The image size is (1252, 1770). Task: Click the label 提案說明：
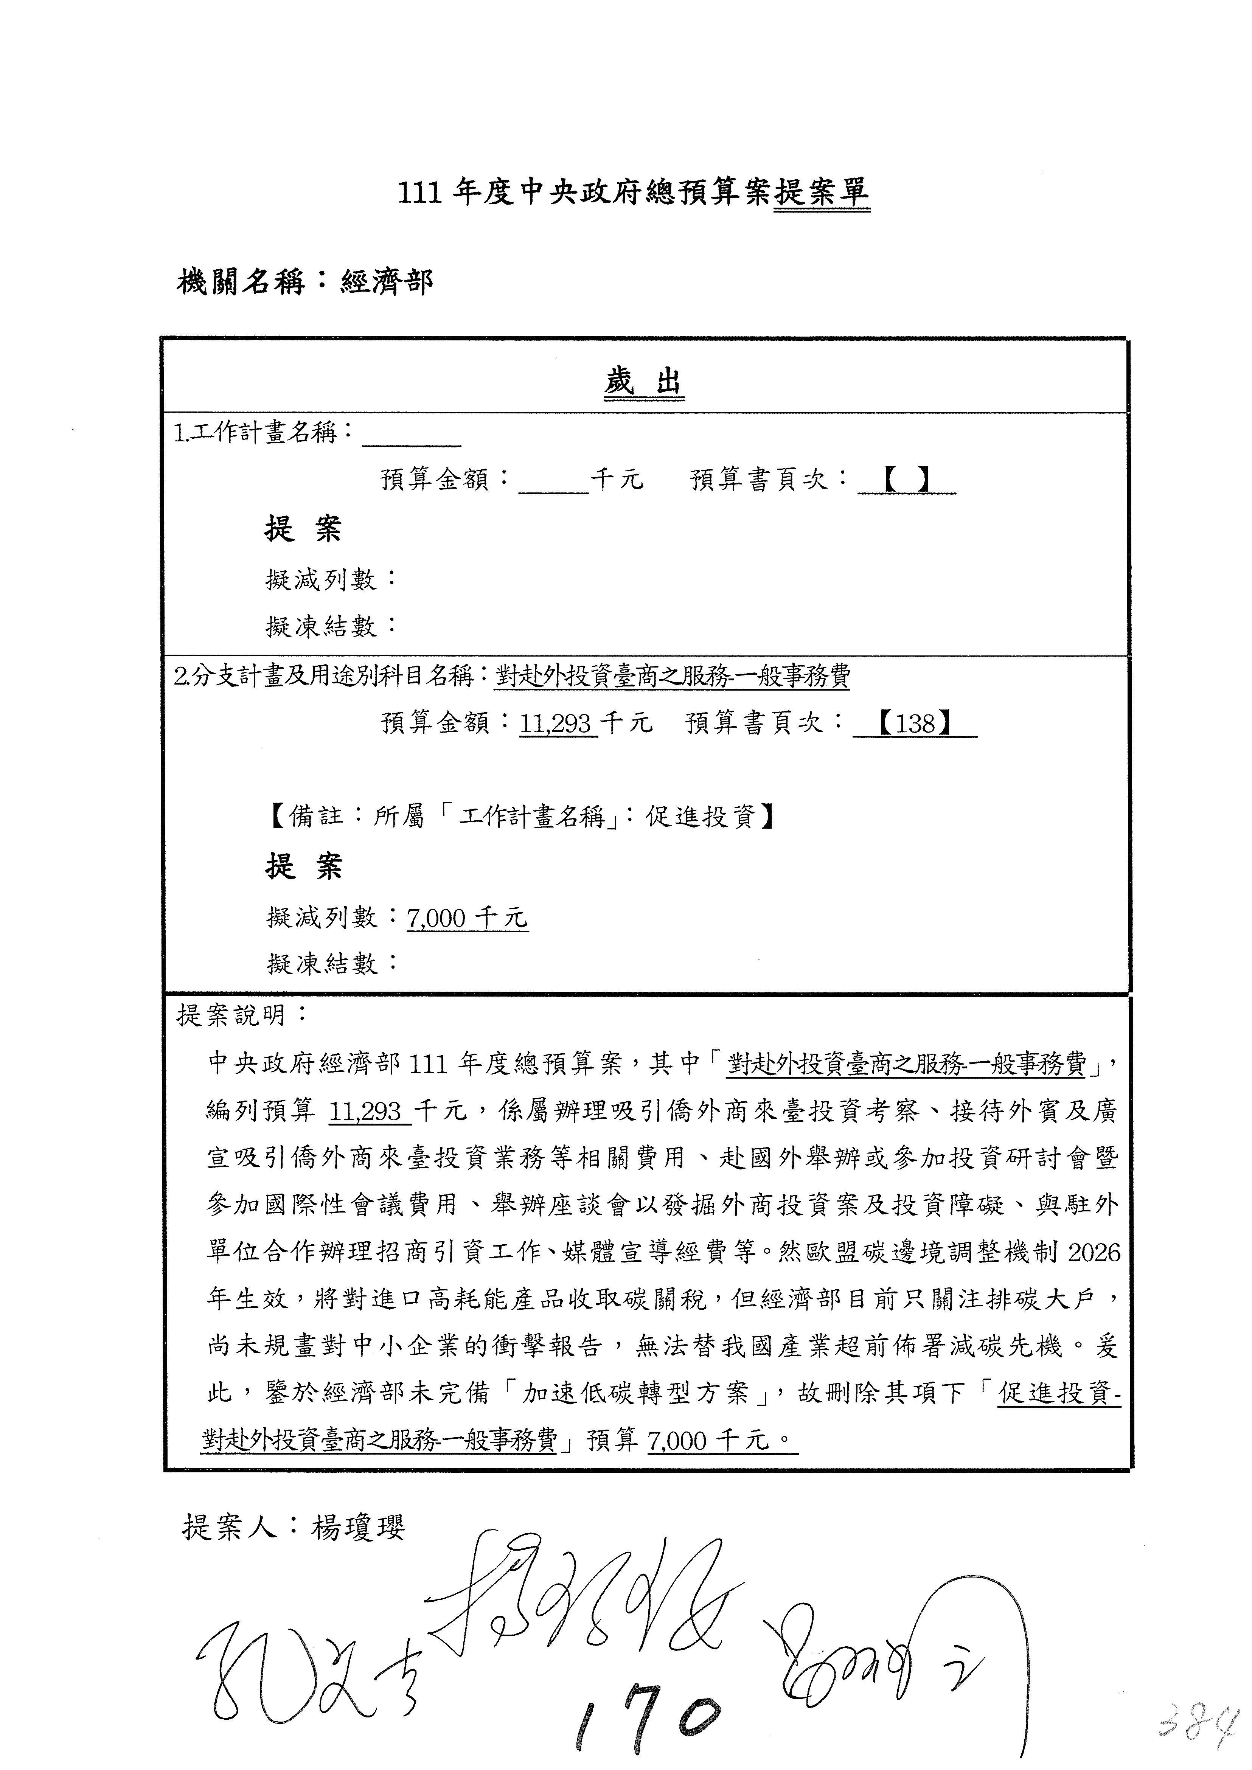click(242, 1015)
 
